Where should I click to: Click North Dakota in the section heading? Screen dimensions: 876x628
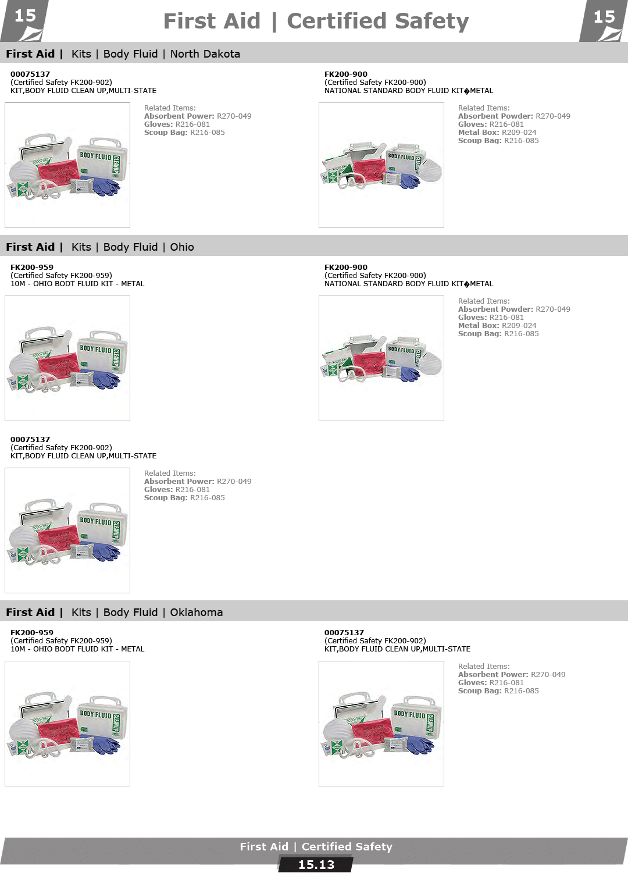205,54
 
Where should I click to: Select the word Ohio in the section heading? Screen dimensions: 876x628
182,247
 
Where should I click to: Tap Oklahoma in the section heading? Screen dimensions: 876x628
197,613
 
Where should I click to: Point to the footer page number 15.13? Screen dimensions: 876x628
316,865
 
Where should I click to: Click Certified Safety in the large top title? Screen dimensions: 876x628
378,22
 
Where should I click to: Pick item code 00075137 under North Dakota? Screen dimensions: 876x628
30,74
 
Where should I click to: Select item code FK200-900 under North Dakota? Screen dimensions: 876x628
346,74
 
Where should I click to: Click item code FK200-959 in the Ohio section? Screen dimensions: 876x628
32,268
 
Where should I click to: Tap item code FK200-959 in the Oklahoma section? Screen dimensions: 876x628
32,633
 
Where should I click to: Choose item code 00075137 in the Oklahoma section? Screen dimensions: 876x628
344,633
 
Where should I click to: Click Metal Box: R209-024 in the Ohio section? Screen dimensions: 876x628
497,326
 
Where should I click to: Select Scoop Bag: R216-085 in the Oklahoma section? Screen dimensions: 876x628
498,691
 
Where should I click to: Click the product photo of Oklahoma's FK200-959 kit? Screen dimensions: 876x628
67,724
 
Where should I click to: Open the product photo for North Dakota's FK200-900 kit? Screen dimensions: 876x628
381,165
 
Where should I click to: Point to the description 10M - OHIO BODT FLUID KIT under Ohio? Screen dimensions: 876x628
77,284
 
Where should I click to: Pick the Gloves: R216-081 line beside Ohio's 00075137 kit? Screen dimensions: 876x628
177,490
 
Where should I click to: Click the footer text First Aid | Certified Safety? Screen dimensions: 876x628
316,847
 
